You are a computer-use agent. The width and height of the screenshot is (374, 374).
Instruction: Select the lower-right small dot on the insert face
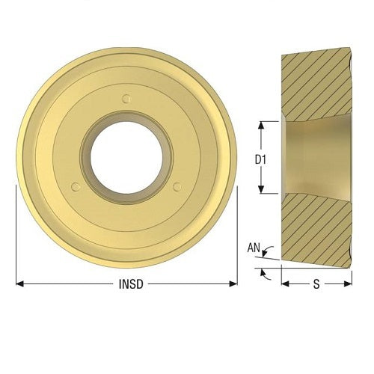click(x=177, y=187)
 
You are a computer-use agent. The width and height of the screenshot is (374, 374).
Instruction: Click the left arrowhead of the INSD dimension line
click(x=19, y=284)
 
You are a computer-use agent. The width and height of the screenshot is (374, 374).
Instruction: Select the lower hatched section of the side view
click(x=314, y=228)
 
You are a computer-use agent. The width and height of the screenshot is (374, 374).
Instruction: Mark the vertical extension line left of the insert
click(x=16, y=232)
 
